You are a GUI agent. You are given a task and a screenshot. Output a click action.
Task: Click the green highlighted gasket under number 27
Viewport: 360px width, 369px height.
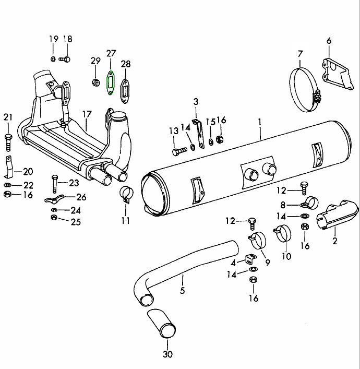click(111, 82)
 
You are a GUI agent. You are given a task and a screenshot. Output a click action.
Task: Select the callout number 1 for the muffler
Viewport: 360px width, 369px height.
click(259, 122)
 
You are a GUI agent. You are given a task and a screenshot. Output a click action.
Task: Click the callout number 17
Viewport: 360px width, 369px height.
click(87, 114)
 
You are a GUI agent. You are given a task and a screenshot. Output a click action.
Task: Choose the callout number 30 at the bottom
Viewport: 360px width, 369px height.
click(167, 355)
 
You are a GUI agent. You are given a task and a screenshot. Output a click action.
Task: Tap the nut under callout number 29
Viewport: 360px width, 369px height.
click(95, 81)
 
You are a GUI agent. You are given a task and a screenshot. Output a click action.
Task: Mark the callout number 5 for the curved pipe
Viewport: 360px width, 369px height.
click(182, 290)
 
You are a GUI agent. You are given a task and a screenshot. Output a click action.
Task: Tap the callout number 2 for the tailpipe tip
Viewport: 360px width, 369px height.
click(334, 241)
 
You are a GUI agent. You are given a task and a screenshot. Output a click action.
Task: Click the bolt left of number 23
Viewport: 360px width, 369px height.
click(54, 183)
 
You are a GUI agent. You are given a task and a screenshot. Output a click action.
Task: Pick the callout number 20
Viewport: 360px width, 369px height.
click(28, 171)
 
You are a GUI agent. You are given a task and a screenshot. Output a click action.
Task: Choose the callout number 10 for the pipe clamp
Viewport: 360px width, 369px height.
click(286, 256)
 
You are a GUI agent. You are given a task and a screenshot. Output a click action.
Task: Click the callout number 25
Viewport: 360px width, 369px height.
click(76, 222)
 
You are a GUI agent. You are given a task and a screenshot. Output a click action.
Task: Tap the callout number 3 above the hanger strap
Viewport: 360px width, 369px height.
click(196, 101)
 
